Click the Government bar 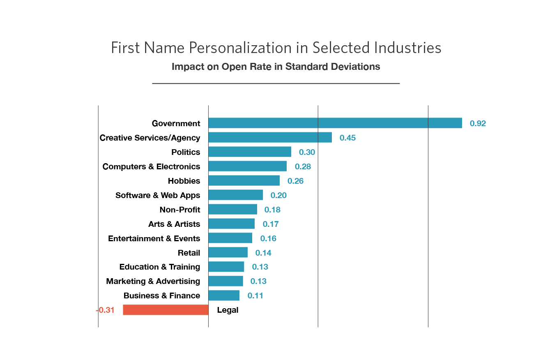(335, 123)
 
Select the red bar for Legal (166, 310)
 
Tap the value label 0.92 (478, 123)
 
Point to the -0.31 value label (105, 310)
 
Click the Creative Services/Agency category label (150, 138)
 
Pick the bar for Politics (250, 152)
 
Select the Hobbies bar (244, 180)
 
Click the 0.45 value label (347, 138)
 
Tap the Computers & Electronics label (151, 166)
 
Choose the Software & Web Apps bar (236, 195)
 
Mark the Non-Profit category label (180, 210)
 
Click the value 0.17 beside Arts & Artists (271, 224)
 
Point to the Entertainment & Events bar (230, 238)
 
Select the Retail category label (189, 253)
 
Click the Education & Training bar (226, 267)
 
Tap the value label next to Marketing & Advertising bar (258, 281)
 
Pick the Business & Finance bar (224, 295)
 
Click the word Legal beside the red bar (228, 310)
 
